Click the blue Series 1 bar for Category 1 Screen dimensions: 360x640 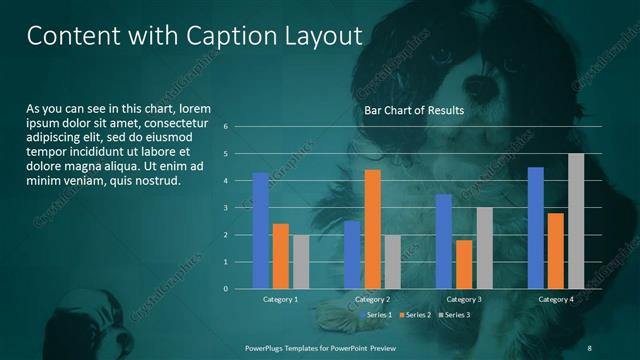260,231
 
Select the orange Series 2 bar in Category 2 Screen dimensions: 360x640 372,229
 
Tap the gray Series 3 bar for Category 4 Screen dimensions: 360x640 576,221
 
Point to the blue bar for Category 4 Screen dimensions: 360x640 535,228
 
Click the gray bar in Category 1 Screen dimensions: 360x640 301,262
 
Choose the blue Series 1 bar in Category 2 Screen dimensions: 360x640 351,255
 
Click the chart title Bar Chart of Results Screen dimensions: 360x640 413,111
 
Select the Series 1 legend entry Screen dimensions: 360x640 376,315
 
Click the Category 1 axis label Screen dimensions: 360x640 280,299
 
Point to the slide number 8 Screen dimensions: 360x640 590,346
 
